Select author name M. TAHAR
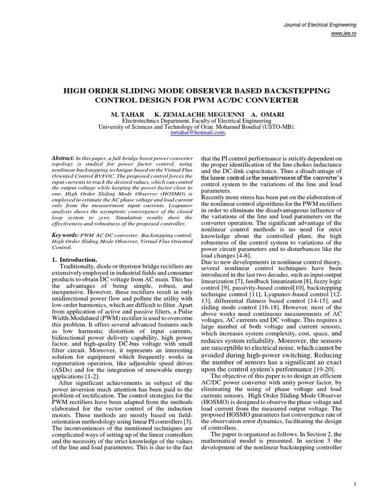click(126, 113)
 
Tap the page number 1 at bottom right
click(353, 484)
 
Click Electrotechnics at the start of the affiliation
click(144, 120)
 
